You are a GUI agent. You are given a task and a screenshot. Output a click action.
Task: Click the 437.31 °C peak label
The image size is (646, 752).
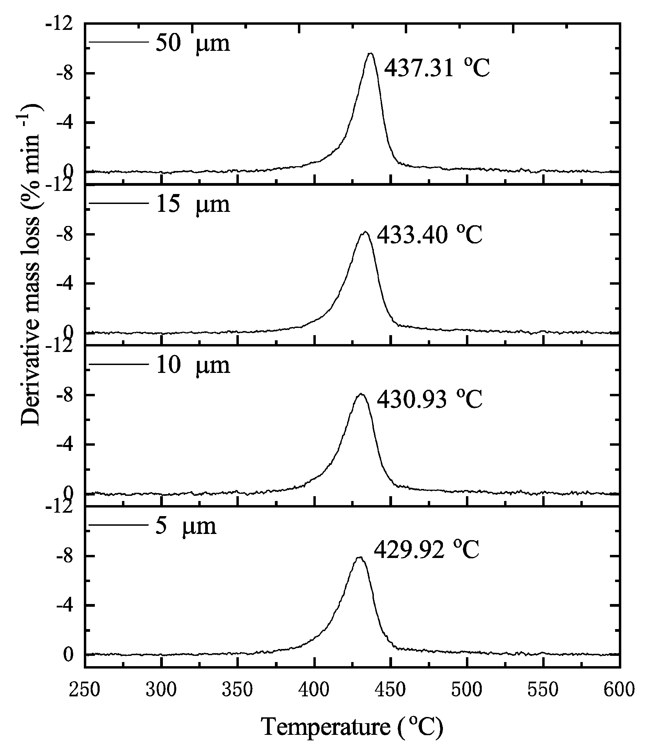click(437, 68)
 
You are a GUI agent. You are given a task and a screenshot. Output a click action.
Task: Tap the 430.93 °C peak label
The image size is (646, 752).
click(429, 399)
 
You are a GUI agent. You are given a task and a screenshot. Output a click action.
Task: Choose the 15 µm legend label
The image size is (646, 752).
click(192, 204)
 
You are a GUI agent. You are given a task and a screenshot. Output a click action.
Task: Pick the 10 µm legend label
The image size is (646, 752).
click(192, 365)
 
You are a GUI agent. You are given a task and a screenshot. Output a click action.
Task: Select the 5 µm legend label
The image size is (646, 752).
click(186, 526)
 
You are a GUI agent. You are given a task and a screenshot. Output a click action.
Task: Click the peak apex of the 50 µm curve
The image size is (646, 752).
click(370, 54)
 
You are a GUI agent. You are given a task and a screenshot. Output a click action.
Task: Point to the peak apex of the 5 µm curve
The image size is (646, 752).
click(359, 557)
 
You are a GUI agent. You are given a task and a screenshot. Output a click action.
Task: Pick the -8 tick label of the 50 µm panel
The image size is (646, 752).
click(65, 73)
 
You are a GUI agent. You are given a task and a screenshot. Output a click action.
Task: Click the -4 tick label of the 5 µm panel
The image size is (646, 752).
click(65, 605)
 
